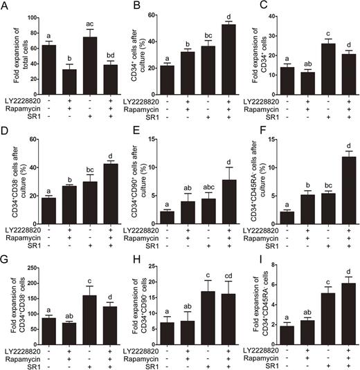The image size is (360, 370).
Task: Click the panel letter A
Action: (x=6, y=6)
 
